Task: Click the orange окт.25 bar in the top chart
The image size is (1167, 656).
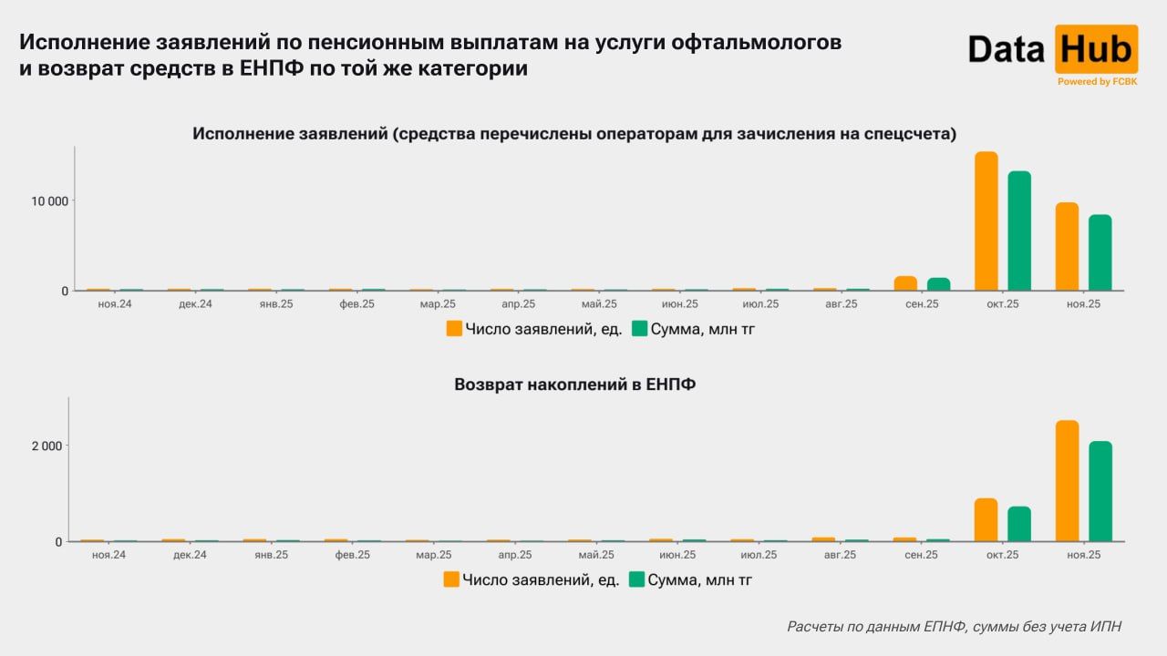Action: click(986, 221)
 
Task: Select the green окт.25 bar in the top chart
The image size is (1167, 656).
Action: click(1019, 231)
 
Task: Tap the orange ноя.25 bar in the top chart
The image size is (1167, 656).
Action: click(1067, 247)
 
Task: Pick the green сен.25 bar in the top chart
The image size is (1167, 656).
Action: click(938, 284)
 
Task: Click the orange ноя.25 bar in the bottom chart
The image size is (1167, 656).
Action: click(1067, 481)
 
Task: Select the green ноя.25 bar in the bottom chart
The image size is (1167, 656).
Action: click(1100, 492)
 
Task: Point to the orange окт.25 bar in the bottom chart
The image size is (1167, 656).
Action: click(986, 520)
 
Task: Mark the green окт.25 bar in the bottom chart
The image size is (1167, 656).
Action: click(1019, 524)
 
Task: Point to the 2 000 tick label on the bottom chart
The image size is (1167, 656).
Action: click(46, 446)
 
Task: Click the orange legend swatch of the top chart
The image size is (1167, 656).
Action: click(454, 329)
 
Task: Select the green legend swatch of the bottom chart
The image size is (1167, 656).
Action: click(637, 579)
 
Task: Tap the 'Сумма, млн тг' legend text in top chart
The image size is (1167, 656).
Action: click(703, 329)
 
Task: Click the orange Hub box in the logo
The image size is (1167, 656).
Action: click(1096, 49)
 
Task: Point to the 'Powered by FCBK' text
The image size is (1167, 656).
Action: click(1097, 81)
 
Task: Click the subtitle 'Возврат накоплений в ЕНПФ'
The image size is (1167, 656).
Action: click(574, 384)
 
